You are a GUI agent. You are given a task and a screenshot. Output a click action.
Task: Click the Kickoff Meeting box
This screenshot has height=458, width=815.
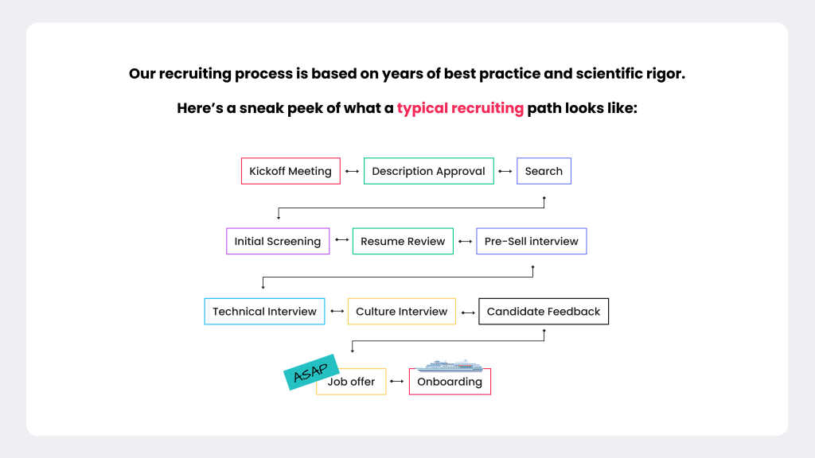click(291, 171)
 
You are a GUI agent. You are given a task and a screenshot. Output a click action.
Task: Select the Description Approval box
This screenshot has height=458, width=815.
click(428, 171)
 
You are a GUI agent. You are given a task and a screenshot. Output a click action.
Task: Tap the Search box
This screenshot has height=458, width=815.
click(544, 171)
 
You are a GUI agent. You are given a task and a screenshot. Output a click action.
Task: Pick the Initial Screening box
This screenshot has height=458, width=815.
click(277, 241)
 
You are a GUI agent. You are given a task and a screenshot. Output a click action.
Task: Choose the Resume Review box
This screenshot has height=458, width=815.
click(403, 241)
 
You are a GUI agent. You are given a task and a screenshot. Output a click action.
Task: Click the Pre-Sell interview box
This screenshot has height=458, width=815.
click(531, 241)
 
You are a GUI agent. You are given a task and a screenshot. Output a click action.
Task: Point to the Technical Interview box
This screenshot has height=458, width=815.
click(264, 311)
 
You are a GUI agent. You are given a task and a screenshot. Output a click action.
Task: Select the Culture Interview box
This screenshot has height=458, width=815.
click(401, 311)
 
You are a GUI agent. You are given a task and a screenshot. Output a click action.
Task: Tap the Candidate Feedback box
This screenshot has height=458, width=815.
click(544, 311)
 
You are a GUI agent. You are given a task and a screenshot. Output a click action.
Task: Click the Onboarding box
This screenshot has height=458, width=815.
click(450, 382)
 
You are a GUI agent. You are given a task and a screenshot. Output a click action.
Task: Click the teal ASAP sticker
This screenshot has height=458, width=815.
click(311, 372)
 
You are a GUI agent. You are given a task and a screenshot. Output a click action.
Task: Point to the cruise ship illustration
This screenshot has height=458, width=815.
click(450, 366)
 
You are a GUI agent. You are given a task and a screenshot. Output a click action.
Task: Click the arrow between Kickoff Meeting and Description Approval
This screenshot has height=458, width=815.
click(352, 172)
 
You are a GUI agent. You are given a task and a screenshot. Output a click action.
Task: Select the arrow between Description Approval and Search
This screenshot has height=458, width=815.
click(505, 172)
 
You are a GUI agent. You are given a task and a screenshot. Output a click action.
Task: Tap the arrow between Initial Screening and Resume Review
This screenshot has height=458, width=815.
click(341, 241)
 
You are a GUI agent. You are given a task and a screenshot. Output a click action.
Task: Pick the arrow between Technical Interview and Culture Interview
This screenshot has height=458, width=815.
click(337, 312)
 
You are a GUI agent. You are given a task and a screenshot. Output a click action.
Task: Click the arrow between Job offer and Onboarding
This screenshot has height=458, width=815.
click(397, 382)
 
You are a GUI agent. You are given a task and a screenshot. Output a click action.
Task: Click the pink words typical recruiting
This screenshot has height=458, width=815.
click(460, 108)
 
